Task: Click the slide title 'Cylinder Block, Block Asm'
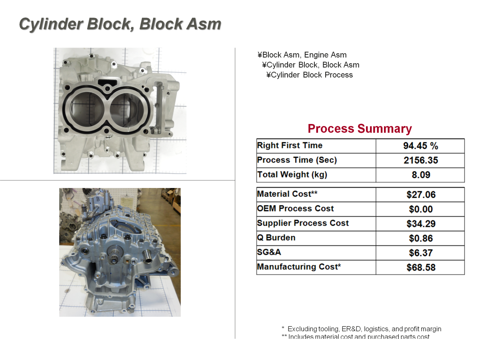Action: click(120, 24)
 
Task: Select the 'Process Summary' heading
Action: click(360, 129)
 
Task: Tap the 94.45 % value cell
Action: click(420, 146)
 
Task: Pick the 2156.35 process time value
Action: click(420, 160)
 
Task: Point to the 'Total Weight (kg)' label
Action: click(291, 174)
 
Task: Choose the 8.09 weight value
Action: click(420, 175)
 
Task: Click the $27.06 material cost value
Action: click(421, 195)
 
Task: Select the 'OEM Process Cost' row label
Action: click(295, 208)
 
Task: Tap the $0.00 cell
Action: click(421, 209)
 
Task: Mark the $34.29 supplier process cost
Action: click(421, 224)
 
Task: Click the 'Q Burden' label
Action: click(276, 238)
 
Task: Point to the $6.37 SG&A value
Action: click(421, 253)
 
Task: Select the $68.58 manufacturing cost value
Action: click(421, 267)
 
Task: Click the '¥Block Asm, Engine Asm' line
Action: click(302, 55)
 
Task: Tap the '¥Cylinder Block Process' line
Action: click(310, 75)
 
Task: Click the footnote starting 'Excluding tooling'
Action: click(364, 329)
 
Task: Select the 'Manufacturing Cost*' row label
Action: click(299, 266)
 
